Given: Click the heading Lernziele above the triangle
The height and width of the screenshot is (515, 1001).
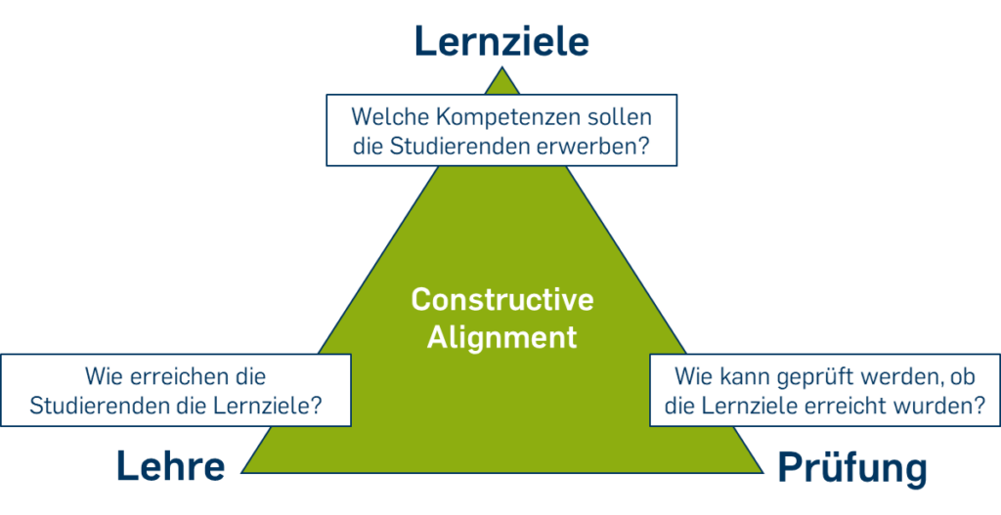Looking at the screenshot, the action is point(501,41).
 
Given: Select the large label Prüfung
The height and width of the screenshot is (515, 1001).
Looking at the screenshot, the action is point(852,470).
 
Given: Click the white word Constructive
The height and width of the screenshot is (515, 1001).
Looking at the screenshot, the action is point(501,299).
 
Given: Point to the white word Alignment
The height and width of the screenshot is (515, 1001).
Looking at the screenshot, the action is point(501,337).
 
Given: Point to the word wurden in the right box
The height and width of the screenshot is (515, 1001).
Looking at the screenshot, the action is point(941,407).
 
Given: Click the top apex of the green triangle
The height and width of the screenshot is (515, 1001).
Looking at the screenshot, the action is point(501,67).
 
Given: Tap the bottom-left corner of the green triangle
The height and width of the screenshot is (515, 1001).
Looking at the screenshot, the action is point(242,472).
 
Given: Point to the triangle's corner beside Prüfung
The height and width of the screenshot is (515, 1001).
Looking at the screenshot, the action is point(762,472).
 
